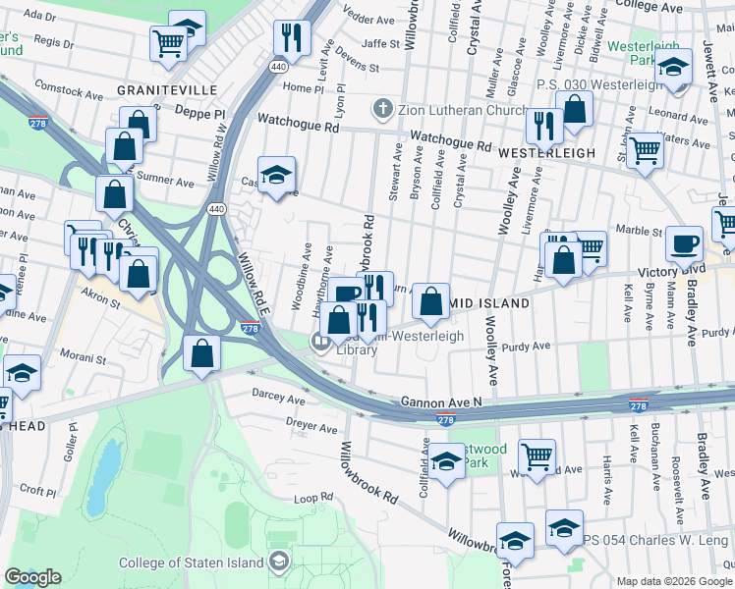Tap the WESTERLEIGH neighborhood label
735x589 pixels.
(x=546, y=153)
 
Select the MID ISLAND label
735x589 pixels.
(x=490, y=304)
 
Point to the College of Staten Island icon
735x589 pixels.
(x=279, y=562)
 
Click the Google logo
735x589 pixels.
(x=33, y=577)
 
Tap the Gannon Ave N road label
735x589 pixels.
(x=441, y=402)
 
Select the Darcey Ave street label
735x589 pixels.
(x=280, y=400)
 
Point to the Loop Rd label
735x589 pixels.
(x=313, y=499)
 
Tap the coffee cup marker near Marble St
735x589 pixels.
(x=684, y=244)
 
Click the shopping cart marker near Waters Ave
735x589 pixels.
(x=645, y=150)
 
